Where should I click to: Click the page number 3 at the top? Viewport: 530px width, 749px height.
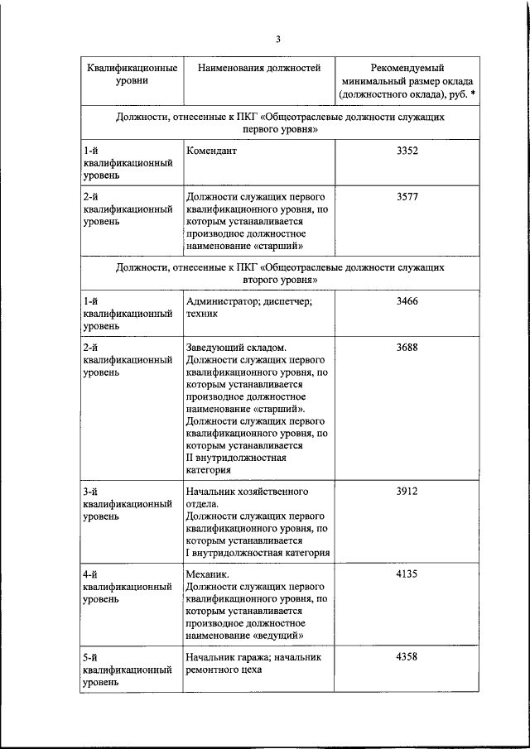tap(278, 39)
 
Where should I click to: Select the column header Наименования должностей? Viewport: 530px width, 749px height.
tap(259, 68)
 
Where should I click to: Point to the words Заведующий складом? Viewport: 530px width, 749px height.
tap(237, 347)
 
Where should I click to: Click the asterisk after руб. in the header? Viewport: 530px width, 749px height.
tap(472, 95)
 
